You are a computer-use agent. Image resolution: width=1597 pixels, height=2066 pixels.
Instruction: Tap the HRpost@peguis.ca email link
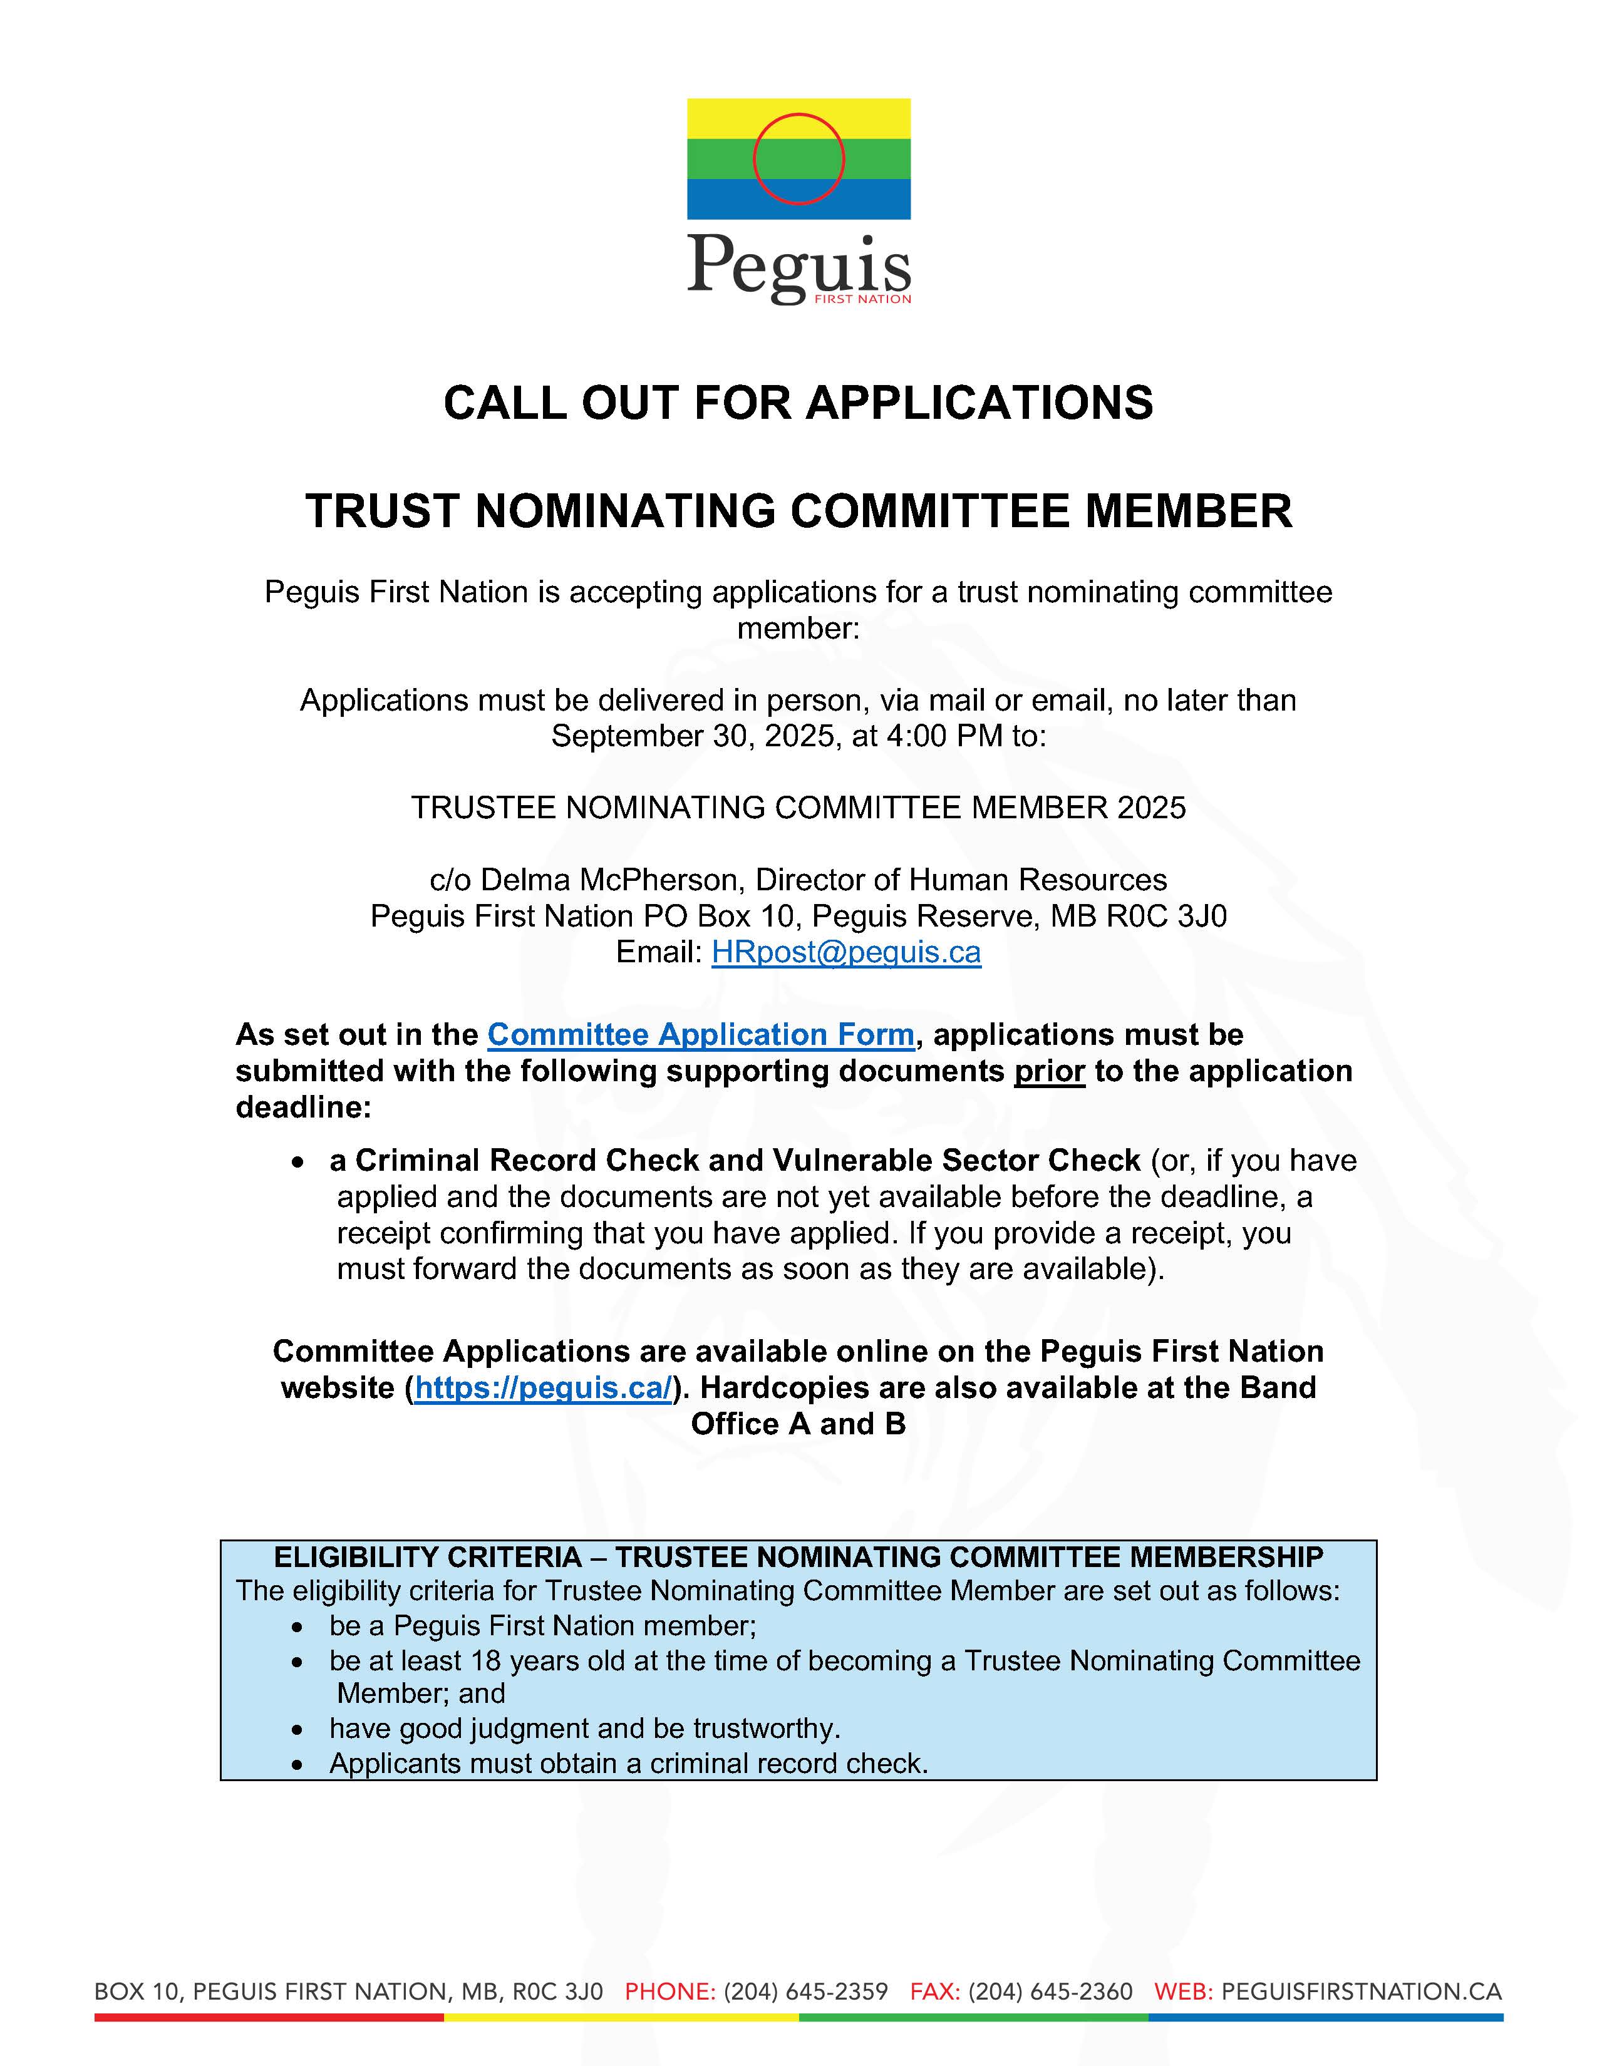(x=846, y=952)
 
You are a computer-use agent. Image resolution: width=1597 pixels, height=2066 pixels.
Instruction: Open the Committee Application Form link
(x=700, y=1034)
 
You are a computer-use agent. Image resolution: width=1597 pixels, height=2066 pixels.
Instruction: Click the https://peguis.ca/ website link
(x=543, y=1388)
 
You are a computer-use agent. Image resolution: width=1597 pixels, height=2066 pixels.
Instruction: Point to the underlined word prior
(x=1049, y=1071)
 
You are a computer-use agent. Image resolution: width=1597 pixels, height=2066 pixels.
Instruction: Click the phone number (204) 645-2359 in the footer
(x=805, y=1991)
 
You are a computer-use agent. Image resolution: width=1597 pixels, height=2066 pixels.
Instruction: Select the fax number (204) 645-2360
(x=1050, y=1991)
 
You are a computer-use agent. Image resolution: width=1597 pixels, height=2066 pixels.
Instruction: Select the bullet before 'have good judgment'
(x=298, y=1729)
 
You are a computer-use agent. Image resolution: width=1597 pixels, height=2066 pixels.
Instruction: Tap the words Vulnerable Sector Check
(x=956, y=1161)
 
